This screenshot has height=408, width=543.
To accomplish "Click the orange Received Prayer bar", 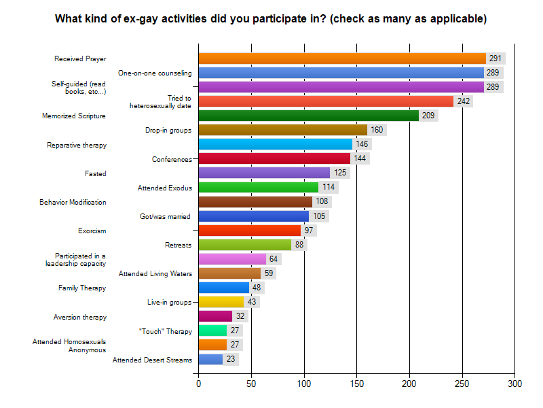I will click(x=342, y=58).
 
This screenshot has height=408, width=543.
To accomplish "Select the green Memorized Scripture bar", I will click(x=309, y=116).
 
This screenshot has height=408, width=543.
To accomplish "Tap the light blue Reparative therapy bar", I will click(x=276, y=144).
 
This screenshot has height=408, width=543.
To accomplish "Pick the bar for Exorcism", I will click(x=250, y=231).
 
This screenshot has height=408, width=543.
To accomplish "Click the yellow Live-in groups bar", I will click(x=221, y=302).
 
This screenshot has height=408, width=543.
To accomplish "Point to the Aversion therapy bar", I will click(x=215, y=316).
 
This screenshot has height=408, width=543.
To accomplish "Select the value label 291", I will click(x=495, y=58).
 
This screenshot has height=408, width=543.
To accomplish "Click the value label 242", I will click(x=463, y=101).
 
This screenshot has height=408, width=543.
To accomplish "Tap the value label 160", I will click(x=377, y=130).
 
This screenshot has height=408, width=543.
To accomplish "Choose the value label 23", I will click(x=231, y=359).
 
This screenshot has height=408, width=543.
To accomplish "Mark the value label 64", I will click(x=274, y=259).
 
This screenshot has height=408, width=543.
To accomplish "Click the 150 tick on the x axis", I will click(x=357, y=384).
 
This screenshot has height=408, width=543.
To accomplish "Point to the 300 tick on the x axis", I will click(x=514, y=384).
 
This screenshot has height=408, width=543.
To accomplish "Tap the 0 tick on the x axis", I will click(x=199, y=384).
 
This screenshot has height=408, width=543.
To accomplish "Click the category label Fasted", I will click(x=96, y=173).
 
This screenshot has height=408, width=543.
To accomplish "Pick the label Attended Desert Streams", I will click(x=152, y=360).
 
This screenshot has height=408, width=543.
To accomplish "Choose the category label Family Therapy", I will click(x=82, y=288).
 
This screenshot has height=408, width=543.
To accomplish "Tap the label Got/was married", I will click(x=165, y=216).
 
